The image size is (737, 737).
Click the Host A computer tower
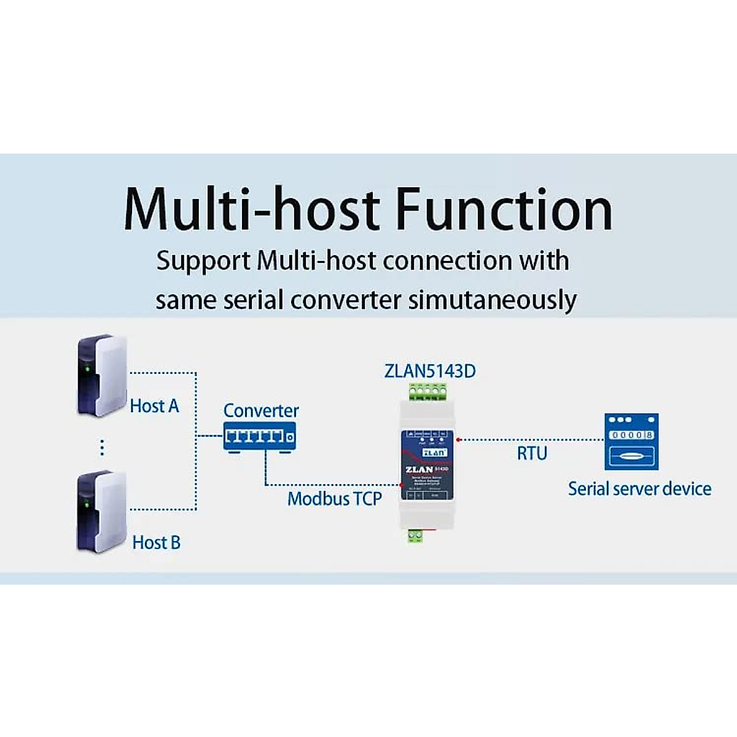pos(101,375)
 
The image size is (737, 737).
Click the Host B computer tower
pos(101,511)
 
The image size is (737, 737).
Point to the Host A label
pos(154,406)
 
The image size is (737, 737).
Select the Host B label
pos(156,542)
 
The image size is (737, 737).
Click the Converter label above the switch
pos(261,410)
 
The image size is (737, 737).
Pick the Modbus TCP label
pos(335,498)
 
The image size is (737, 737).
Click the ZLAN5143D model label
pos(430,371)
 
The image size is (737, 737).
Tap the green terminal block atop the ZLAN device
pos(429,391)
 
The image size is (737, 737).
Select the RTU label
pos(532,453)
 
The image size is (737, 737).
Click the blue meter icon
pos(631,442)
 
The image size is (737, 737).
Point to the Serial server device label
pos(639,489)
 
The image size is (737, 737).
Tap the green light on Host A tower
pos(87,369)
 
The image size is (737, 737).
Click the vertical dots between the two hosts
pos(102,448)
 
